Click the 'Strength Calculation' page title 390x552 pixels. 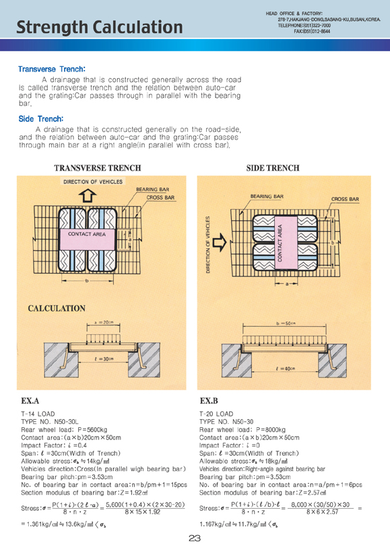click(x=100, y=27)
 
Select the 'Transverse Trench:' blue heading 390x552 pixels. click(x=52, y=69)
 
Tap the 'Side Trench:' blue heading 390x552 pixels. click(x=41, y=119)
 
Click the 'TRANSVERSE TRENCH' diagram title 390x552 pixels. click(x=98, y=168)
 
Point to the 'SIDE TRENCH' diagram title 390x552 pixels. click(x=273, y=168)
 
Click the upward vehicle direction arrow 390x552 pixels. click(x=88, y=195)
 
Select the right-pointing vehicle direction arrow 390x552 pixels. click(x=220, y=242)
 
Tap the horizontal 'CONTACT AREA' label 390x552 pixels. click(x=86, y=234)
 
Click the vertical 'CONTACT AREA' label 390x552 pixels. click(x=280, y=243)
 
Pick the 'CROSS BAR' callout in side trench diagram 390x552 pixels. click(x=345, y=199)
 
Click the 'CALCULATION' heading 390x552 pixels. click(x=57, y=309)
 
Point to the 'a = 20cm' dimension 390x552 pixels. click(x=103, y=323)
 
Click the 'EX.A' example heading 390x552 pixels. click(x=30, y=400)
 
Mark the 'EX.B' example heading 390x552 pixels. click(x=209, y=400)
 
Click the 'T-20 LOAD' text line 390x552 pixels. click(x=216, y=414)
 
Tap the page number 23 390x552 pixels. click(x=195, y=538)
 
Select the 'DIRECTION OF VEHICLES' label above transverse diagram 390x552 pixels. click(x=93, y=182)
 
